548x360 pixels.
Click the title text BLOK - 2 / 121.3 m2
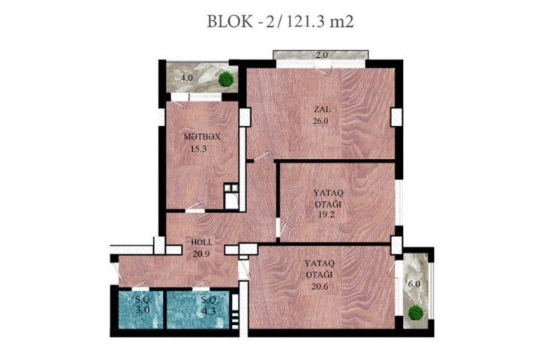pos(280,22)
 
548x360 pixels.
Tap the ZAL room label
pos(322,109)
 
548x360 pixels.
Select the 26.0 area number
pos(321,121)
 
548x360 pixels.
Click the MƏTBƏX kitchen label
pos(202,137)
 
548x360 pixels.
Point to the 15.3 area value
pos(198,149)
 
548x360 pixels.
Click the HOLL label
pos(202,242)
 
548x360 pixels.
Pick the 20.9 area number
pos(201,253)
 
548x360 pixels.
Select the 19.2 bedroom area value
pos(326,214)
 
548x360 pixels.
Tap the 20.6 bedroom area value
pos(320,286)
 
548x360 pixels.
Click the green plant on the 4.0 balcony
pos(226,79)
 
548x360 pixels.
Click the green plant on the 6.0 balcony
pos(416,312)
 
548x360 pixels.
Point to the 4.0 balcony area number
pos(187,78)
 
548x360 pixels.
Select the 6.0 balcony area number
pos(414,284)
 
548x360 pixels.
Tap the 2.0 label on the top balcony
pos(321,55)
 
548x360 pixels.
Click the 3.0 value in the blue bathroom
pos(143,310)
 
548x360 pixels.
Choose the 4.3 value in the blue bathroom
pos(209,310)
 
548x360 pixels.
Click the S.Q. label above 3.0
pos(143,299)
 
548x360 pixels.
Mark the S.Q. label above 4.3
pos(209,300)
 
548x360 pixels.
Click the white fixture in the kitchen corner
pos(231,196)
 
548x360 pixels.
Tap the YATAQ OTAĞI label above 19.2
pos(328,198)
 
